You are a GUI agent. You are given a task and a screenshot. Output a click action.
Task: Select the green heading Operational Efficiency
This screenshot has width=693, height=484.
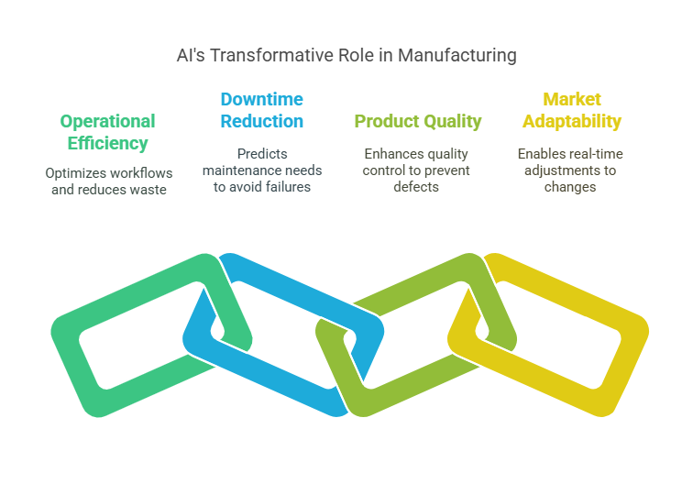pyautogui.click(x=107, y=132)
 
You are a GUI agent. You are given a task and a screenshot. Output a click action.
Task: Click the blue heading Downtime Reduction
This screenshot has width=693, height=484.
pyautogui.click(x=261, y=110)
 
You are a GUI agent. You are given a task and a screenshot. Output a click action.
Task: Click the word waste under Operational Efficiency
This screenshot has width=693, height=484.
pyautogui.click(x=148, y=189)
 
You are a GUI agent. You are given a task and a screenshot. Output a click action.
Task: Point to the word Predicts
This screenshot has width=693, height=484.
pyautogui.click(x=261, y=154)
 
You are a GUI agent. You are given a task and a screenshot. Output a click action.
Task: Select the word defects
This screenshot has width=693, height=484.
pyautogui.click(x=416, y=187)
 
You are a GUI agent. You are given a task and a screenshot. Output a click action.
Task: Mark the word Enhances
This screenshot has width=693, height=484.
pyautogui.click(x=393, y=154)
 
